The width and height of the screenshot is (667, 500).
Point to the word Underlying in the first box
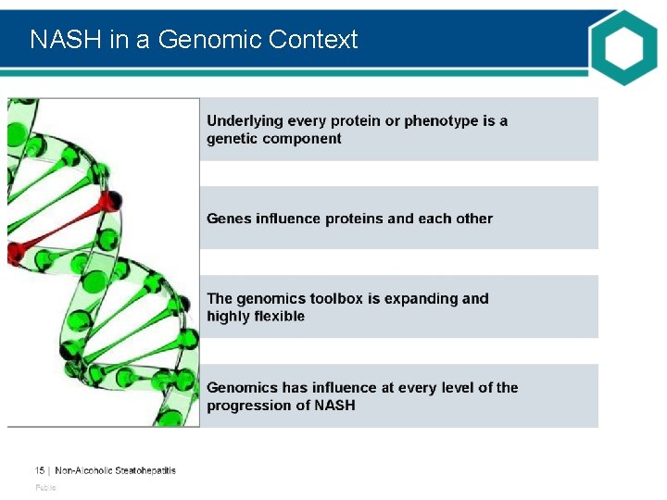coord(244,121)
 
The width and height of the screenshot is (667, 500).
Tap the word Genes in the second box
coord(229,219)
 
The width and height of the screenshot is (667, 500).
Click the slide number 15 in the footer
coord(40,470)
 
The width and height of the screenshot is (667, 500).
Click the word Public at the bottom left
coord(45,488)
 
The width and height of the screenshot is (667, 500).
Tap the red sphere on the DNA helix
coord(110,200)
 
